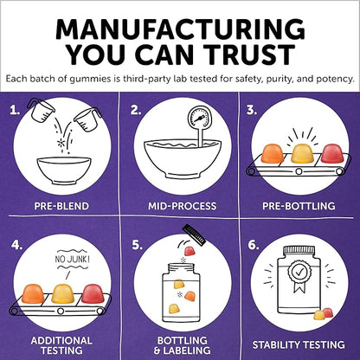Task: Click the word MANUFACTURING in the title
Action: [180, 30]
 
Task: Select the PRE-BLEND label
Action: [61, 206]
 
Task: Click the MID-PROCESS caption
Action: [182, 206]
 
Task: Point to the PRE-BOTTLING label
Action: [299, 206]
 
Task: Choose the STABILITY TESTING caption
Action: [299, 345]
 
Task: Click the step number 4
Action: [17, 245]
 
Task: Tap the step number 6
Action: [254, 245]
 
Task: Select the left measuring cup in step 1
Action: [41, 110]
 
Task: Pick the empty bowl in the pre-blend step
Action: [64, 170]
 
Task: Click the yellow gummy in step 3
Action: [303, 153]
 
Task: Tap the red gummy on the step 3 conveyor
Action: [332, 153]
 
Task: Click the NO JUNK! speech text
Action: [72, 259]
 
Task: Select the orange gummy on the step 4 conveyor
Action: [33, 293]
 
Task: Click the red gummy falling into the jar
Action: [190, 251]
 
